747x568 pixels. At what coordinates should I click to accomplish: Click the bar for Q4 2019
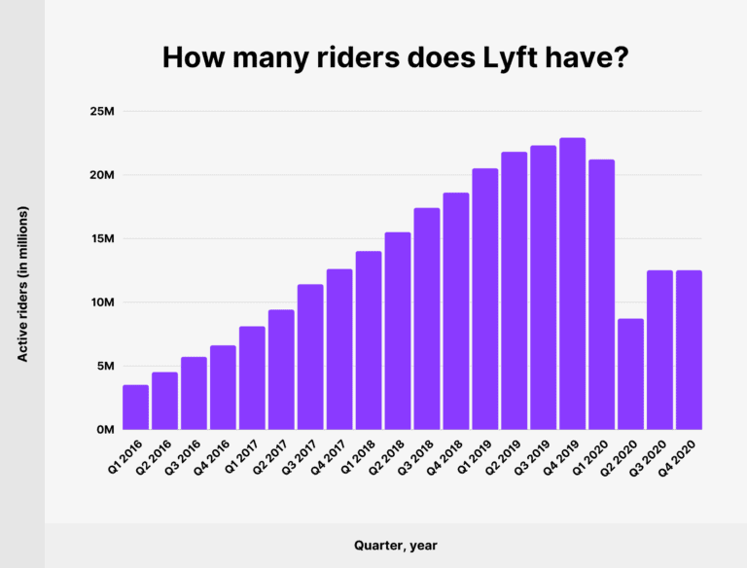click(x=572, y=284)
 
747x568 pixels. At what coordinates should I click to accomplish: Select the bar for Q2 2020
click(x=630, y=374)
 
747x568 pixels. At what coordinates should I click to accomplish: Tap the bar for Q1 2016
click(x=136, y=408)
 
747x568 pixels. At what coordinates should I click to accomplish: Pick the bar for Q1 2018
click(x=369, y=340)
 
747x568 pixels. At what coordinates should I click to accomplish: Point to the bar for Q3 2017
click(x=310, y=357)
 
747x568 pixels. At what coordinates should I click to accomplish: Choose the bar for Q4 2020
click(x=689, y=350)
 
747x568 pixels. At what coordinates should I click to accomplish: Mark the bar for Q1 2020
click(x=601, y=295)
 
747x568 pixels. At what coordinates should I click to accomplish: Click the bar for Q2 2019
click(x=514, y=291)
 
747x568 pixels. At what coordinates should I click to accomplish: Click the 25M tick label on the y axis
click(x=102, y=112)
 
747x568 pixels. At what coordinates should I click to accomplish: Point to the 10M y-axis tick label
click(x=102, y=302)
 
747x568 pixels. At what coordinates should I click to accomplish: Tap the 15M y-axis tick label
click(x=102, y=239)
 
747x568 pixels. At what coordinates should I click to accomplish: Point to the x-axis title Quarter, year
click(x=395, y=546)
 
